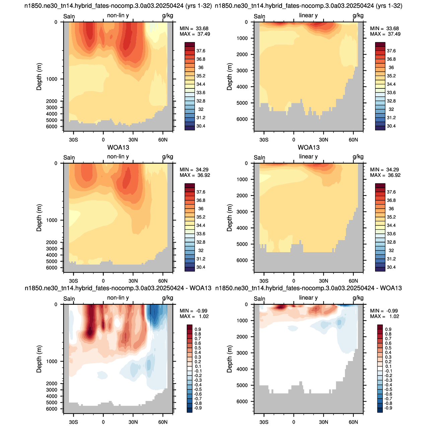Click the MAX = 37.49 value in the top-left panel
[x=195, y=34]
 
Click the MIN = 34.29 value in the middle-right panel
[x=385, y=169]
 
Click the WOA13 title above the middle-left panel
[x=118, y=147]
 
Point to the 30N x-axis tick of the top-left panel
[x=133, y=140]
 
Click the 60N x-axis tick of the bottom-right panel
[x=353, y=422]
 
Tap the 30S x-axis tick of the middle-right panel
[x=264, y=281]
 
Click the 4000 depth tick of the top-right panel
[x=242, y=87]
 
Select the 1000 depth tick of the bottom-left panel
[x=52, y=361]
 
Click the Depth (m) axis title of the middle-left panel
[x=39, y=218]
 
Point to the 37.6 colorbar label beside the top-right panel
[x=391, y=51]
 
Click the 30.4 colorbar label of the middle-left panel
[x=201, y=267]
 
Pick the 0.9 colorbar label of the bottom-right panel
[x=388, y=329]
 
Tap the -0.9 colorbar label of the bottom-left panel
[x=197, y=408]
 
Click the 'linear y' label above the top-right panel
[x=308, y=15]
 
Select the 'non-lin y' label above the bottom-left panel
[x=118, y=298]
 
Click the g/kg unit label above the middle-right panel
[x=358, y=157]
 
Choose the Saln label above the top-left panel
[x=69, y=16]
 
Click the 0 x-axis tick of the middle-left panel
[x=103, y=281]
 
